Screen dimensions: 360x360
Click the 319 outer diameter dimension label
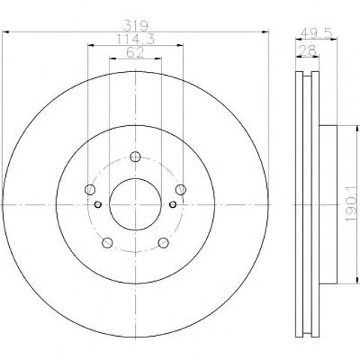click(x=136, y=25)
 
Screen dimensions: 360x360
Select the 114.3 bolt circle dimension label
click(x=136, y=39)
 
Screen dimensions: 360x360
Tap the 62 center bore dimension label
click(x=135, y=52)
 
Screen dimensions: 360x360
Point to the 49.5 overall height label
click(x=316, y=33)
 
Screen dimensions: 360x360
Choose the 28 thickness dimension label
click(x=308, y=51)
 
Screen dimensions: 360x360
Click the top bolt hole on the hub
click(x=135, y=157)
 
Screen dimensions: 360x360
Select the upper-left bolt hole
click(x=90, y=190)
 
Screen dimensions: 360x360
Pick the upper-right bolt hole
click(x=181, y=190)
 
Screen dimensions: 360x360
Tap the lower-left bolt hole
click(x=107, y=243)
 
